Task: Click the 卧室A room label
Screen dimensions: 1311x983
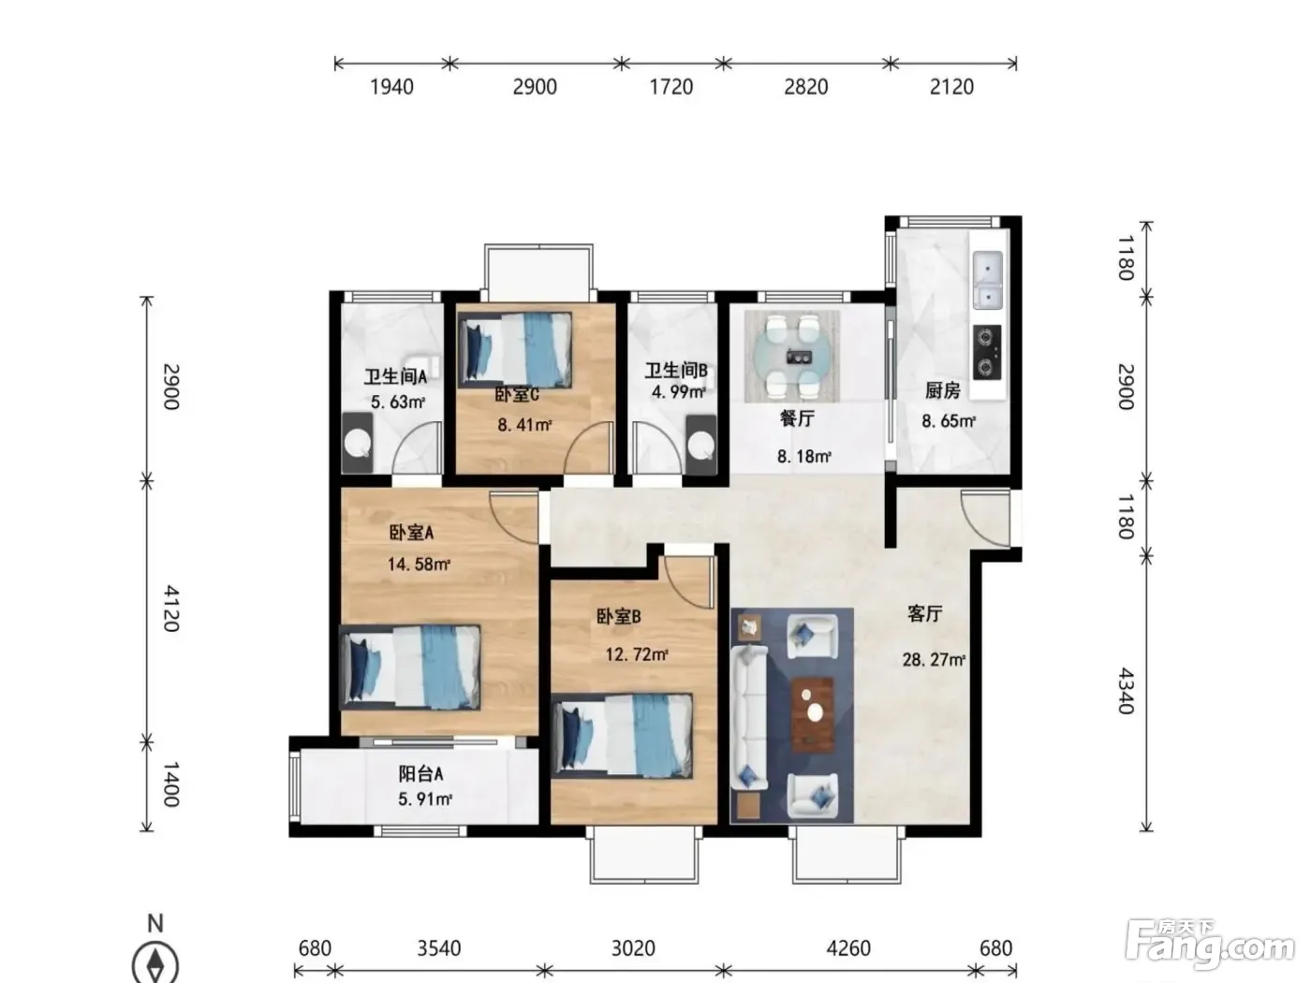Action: tap(411, 533)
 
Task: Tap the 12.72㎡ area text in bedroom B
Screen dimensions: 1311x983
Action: tap(637, 654)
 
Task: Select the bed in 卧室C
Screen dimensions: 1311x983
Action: tap(515, 349)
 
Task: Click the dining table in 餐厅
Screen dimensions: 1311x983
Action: tap(792, 357)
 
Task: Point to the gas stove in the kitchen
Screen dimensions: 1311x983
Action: tap(987, 352)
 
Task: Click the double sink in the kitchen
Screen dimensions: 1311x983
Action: tap(987, 280)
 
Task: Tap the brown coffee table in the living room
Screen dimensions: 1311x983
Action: tap(812, 713)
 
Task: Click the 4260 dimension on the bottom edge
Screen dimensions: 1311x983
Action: tap(848, 947)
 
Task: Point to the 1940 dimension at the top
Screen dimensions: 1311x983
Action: tap(391, 87)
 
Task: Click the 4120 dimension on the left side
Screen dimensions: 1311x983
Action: tap(171, 609)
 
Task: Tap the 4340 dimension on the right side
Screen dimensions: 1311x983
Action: tap(1126, 691)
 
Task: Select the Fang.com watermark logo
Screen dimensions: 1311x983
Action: tap(1209, 945)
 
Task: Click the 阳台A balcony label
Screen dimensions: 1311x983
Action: tap(421, 773)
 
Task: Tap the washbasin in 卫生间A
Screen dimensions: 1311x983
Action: tap(357, 443)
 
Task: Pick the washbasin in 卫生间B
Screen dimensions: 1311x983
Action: tap(701, 445)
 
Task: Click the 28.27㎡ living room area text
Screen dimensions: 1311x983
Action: tap(935, 659)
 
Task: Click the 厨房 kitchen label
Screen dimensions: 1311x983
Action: tap(942, 390)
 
